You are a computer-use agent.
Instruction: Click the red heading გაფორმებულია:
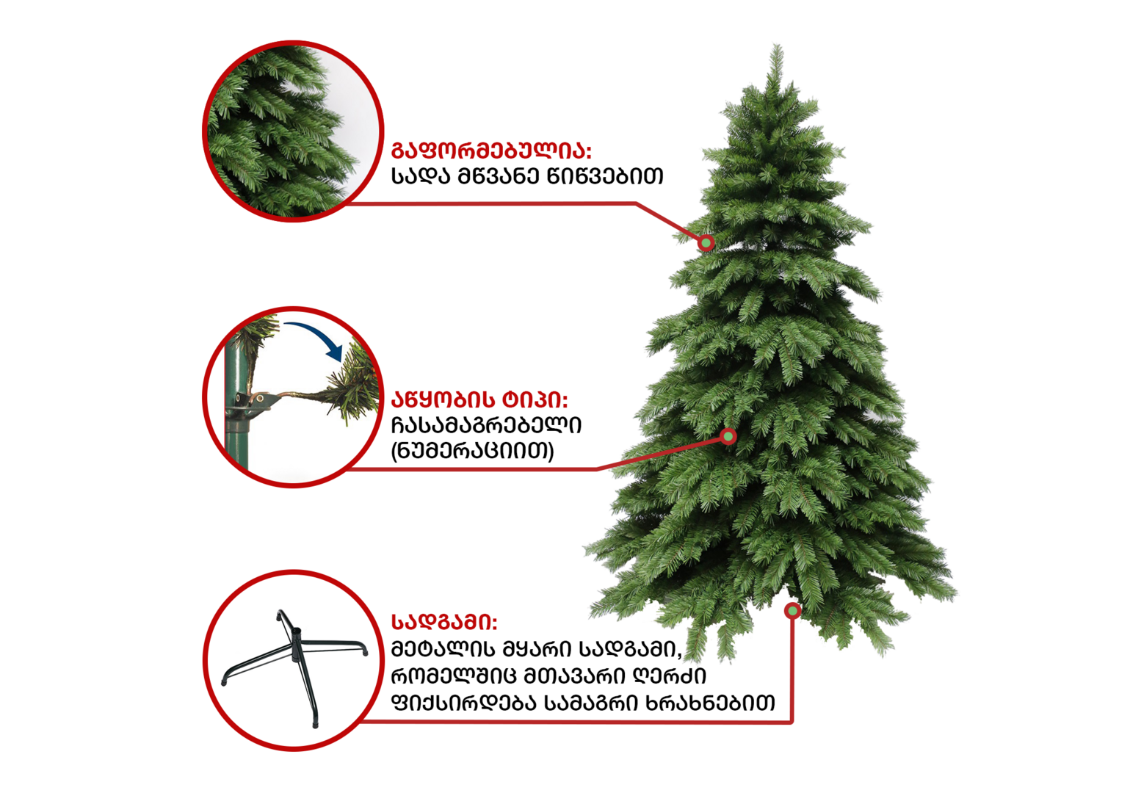[491, 151]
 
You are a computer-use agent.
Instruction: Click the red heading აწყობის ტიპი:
[479, 400]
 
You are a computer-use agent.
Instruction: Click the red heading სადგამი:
[444, 622]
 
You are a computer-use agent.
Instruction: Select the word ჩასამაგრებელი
[486, 425]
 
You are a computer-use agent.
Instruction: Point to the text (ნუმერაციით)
[473, 451]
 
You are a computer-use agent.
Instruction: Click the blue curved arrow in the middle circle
[313, 338]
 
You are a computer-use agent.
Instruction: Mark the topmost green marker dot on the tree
[706, 243]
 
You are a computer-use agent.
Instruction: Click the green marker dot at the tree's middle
[728, 436]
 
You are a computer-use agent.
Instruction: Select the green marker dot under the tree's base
[792, 611]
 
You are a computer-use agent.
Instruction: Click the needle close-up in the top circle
[293, 131]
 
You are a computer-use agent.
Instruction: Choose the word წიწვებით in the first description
[605, 176]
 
